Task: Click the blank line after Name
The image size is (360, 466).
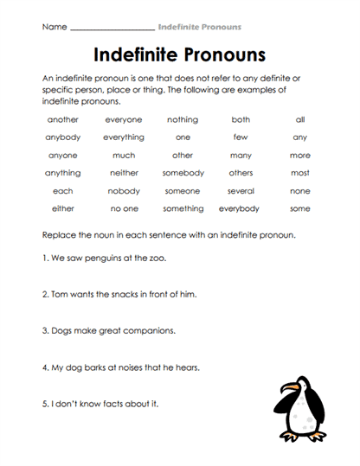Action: [x=112, y=28]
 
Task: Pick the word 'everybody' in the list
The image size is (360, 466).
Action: [x=240, y=208]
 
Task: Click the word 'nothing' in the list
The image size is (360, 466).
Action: [x=183, y=119]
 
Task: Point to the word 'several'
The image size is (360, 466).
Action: [x=241, y=191]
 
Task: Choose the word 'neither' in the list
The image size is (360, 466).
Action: [x=124, y=173]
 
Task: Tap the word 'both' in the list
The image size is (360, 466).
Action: [x=241, y=119]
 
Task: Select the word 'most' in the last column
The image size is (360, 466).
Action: [x=299, y=173]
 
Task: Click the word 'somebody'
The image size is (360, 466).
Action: [x=183, y=173]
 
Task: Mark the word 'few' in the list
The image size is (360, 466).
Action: [x=241, y=137]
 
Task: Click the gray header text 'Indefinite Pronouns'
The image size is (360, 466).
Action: [x=199, y=28]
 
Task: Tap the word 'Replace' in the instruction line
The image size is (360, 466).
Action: [x=60, y=235]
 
